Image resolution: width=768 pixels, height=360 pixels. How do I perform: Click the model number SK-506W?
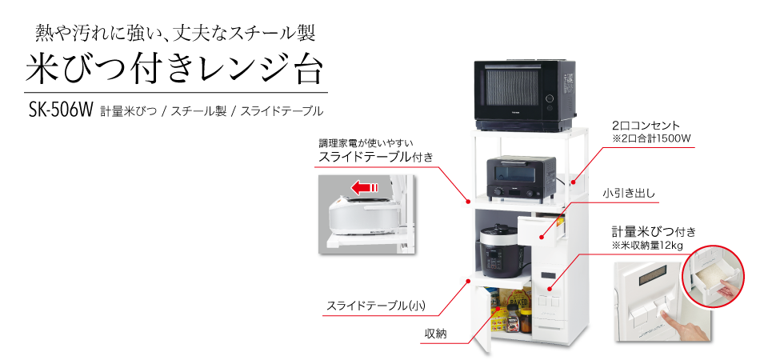60,110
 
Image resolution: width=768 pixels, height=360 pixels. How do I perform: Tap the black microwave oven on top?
524,94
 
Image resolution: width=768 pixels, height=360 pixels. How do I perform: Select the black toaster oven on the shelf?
520,177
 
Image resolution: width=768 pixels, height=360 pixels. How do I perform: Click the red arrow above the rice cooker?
365,188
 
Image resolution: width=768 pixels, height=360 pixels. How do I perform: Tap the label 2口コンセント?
646,126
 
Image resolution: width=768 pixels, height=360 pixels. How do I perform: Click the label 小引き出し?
630,193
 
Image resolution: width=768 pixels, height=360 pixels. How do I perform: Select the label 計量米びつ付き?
654,231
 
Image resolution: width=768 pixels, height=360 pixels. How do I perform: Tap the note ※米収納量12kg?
647,245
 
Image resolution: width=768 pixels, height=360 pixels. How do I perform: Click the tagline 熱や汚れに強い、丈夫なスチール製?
176,33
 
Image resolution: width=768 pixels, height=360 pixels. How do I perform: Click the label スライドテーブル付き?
375,157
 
